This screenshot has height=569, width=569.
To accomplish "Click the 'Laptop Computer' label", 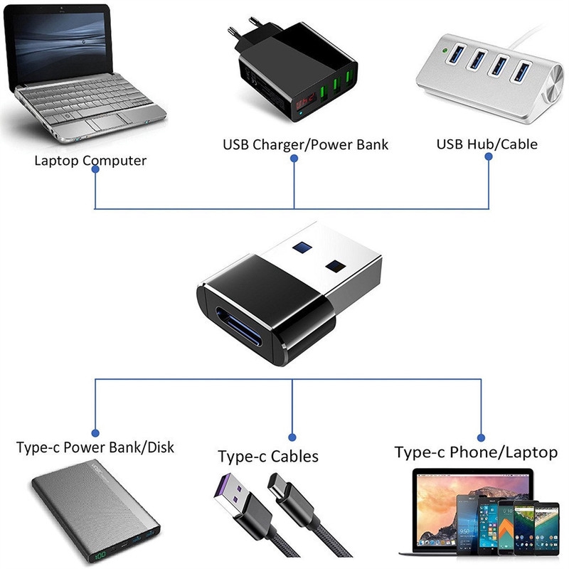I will coord(90,160).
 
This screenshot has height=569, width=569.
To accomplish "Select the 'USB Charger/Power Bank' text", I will coord(305,145).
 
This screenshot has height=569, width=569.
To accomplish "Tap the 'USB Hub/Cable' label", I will coord(486,144).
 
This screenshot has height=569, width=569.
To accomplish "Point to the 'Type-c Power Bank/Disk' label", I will coord(95,448).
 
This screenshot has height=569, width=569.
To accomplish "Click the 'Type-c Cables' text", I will coord(267,456).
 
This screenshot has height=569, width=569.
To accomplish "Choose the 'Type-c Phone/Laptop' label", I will coord(476,452).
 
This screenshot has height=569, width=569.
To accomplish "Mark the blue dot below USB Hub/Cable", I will coord(488,160).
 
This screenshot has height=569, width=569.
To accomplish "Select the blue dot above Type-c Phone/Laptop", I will coord(481,437).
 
